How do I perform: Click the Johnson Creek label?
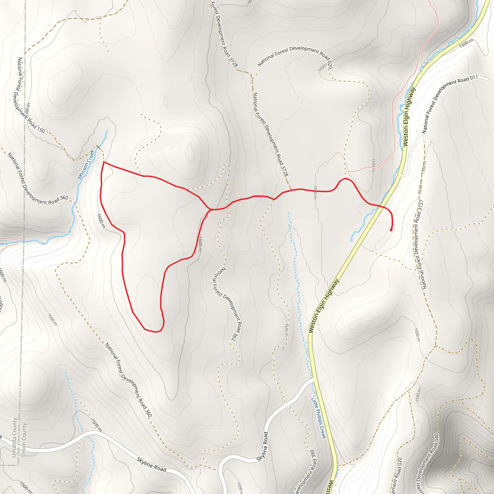pos(86,165)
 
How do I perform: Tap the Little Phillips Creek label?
pos(319,418)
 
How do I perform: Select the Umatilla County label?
pos(14,437)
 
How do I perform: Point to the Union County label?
pos(24,439)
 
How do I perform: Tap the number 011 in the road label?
pos(473,78)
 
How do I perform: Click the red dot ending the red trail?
pos(391,230)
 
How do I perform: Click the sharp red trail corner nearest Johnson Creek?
pos(103,162)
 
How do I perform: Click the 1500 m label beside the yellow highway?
pos(466,43)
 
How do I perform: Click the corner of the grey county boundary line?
pos(18,465)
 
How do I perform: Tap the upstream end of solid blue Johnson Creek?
pos(108,130)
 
